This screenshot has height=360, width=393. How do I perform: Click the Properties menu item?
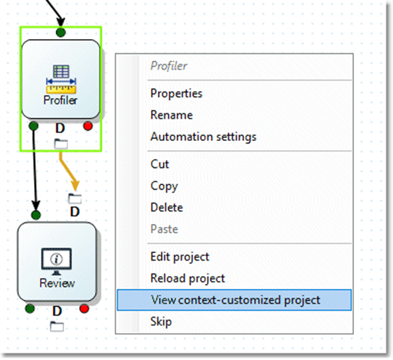pos(176,93)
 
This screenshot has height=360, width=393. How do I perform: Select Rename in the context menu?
pos(172,115)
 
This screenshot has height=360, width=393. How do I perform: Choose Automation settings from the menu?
pos(203,136)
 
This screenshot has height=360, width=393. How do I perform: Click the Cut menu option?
pos(160,164)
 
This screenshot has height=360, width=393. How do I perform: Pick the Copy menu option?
pos(164,186)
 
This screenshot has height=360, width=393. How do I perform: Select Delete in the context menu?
pos(167,207)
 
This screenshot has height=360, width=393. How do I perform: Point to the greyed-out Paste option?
pos(164,229)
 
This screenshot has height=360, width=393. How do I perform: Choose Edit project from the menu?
pos(180,257)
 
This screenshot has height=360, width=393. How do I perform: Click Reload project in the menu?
pos(187,278)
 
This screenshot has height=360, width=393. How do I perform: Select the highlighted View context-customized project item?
pos(235,300)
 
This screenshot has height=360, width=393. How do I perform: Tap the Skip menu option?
pos(161,322)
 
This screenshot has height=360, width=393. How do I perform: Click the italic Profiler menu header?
pos(169,65)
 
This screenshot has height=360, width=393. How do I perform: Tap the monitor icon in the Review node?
pos(57,259)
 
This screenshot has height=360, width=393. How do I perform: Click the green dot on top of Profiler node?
pos(60,32)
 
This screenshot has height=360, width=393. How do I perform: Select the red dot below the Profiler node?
pos(88,127)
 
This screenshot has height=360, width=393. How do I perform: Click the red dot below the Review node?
pos(84,308)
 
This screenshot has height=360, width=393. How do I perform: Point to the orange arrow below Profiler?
pos(69,170)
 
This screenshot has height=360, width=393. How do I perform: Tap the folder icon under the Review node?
pos(57,325)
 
